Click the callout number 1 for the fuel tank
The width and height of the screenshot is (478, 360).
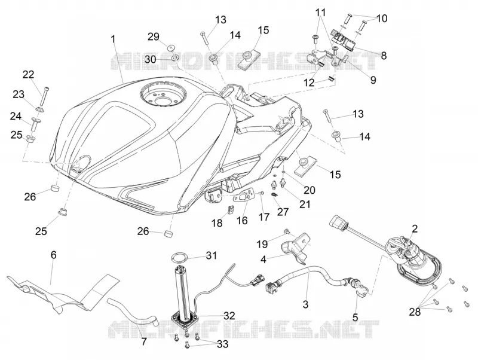click(113, 39)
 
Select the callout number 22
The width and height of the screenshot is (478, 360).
click(28, 74)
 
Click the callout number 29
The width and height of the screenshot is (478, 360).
click(154, 36)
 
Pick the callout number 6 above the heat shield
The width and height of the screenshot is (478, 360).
click(54, 255)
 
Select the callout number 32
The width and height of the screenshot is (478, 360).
click(229, 316)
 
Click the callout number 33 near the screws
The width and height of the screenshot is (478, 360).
click(222, 344)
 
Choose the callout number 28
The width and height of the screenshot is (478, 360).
click(415, 312)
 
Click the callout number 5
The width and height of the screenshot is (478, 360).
click(355, 318)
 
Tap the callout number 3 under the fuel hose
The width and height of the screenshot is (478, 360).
click(306, 304)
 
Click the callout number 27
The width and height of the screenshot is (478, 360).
click(283, 212)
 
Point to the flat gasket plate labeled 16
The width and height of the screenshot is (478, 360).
click(243, 195)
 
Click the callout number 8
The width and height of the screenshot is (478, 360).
click(384, 56)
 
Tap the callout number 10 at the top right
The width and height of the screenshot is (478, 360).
click(382, 19)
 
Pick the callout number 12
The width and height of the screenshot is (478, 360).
click(309, 83)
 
